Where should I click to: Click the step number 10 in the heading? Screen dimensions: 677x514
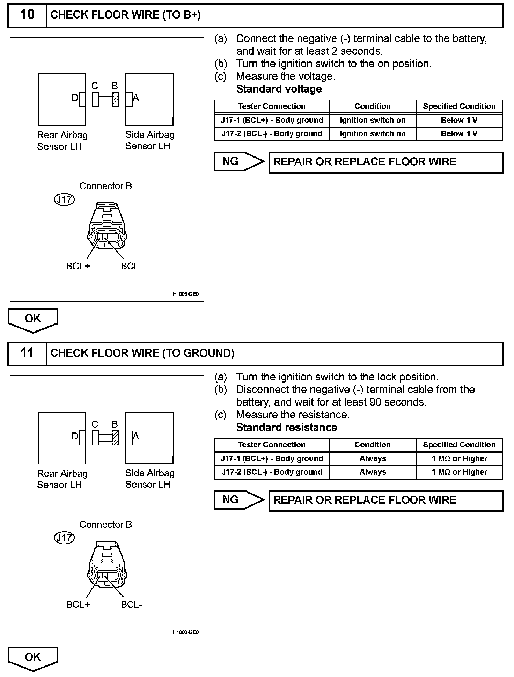coord(27,15)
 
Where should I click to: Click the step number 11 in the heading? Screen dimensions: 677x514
coord(27,353)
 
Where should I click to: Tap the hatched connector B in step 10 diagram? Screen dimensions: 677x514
coord(115,100)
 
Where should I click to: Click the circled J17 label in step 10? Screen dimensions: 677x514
coord(65,199)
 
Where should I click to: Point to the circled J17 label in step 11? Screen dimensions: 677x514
coord(65,538)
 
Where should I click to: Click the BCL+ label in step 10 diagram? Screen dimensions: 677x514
coord(78,266)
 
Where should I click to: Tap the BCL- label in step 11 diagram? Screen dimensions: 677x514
coord(132,605)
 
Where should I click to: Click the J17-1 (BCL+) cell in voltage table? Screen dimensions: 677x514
coord(272,120)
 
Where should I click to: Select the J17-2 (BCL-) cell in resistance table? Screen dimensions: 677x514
coord(272,472)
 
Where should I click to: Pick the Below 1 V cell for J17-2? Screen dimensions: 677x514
coord(459,134)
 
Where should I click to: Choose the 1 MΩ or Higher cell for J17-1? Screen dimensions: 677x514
coord(459,459)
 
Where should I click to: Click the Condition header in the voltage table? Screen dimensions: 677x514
coord(373,107)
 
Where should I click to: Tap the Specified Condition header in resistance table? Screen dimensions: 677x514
coord(459,445)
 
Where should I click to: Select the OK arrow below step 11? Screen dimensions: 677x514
coord(33,658)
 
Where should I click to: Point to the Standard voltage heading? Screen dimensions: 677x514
coord(279,89)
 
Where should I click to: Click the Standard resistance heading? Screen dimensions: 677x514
coord(286,428)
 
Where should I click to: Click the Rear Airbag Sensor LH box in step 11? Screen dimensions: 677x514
coord(62,438)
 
